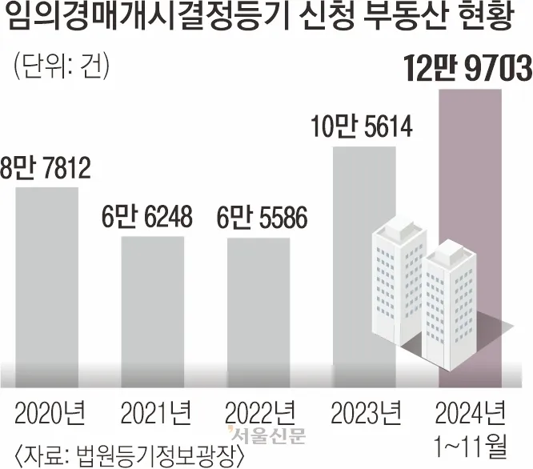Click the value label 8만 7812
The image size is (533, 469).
47,170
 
